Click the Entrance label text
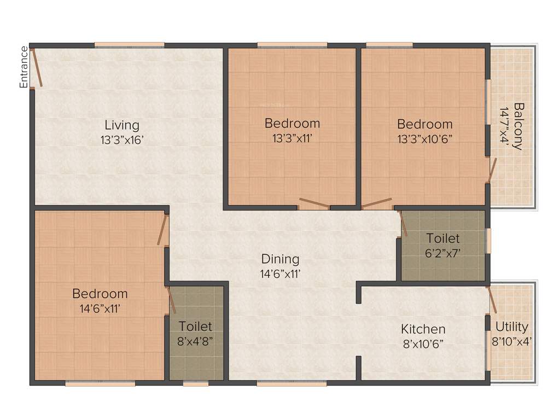pyautogui.click(x=24, y=67)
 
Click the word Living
pyautogui.click(x=122, y=125)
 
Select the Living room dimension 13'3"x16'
pyautogui.click(x=122, y=140)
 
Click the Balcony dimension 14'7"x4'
pyautogui.click(x=503, y=126)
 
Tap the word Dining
pyautogui.click(x=280, y=259)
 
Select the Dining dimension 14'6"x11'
pyautogui.click(x=280, y=273)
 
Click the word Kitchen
pyautogui.click(x=423, y=329)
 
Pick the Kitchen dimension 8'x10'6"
pyautogui.click(x=423, y=344)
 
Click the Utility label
pyautogui.click(x=512, y=327)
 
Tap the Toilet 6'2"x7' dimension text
pyautogui.click(x=443, y=254)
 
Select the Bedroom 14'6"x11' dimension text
pyautogui.click(x=100, y=309)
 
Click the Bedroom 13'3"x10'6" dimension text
pyautogui.click(x=425, y=138)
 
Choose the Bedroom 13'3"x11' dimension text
pyautogui.click(x=292, y=138)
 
